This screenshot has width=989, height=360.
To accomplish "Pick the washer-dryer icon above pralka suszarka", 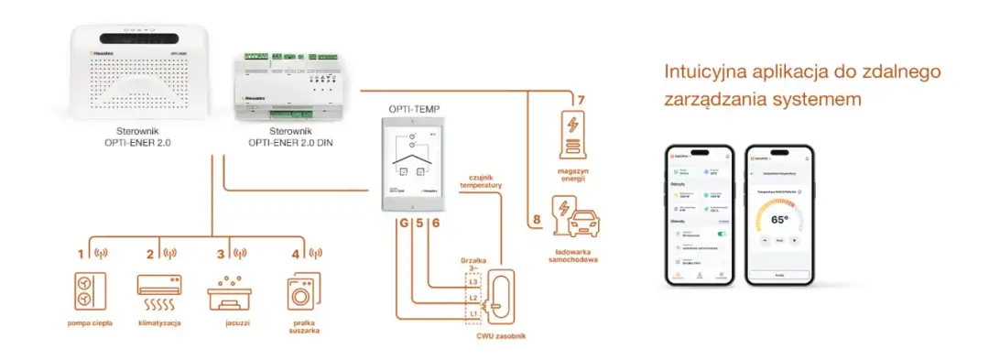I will click(x=301, y=291).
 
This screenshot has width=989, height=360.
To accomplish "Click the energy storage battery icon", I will click(x=572, y=138).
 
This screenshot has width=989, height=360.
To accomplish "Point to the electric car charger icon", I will click(x=573, y=219).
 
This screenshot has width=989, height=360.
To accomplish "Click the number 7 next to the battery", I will click(x=578, y=99).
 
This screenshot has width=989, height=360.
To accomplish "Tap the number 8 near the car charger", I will click(x=536, y=221).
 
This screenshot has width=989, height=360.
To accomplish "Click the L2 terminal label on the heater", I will click(x=473, y=298).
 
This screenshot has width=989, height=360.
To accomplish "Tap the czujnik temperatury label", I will click(x=482, y=180).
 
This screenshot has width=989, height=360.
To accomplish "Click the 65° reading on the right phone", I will click(x=780, y=220).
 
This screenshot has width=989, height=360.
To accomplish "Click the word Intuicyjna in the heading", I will click(x=698, y=72).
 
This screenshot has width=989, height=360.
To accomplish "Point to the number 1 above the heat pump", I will click(x=81, y=253).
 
